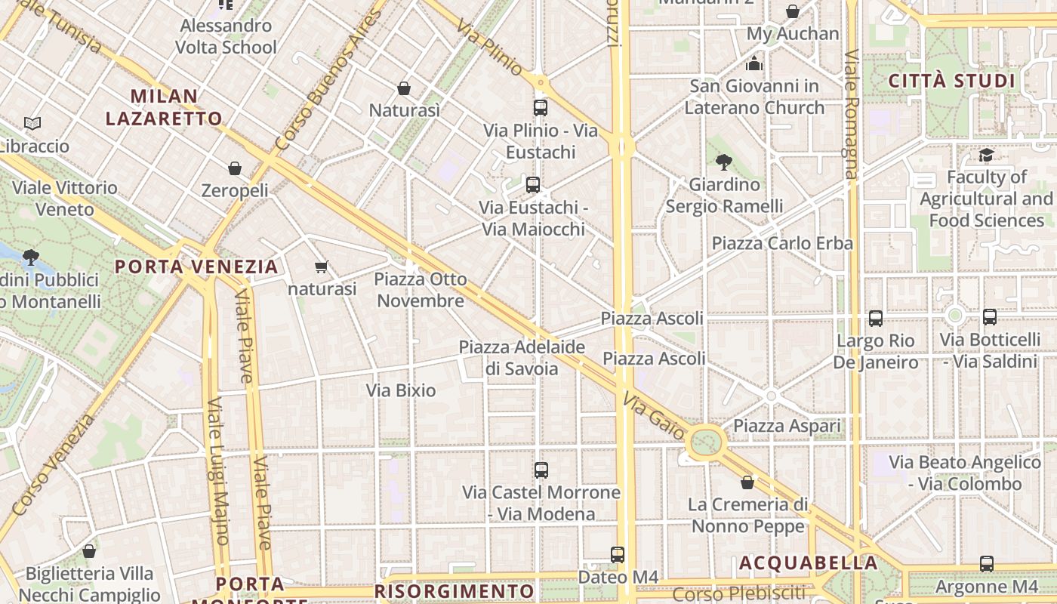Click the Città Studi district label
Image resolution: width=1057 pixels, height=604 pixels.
[x=951, y=81]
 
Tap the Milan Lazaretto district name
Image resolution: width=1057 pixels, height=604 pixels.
[x=164, y=107]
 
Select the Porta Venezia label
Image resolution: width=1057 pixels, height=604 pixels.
[x=196, y=267]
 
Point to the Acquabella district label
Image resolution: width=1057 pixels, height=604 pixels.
[x=808, y=562]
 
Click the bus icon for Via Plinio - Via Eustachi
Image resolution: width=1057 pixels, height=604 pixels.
[x=541, y=107]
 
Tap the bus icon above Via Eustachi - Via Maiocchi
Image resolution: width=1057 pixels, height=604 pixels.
[x=533, y=184]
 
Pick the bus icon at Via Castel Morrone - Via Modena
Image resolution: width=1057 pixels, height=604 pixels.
[x=541, y=470]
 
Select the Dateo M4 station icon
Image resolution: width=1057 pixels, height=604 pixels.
[x=618, y=555]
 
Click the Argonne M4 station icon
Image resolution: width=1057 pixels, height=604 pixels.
[x=986, y=564]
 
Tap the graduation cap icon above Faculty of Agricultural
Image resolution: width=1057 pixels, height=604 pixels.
[x=986, y=156]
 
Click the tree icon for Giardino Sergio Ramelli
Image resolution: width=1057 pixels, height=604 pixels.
[x=724, y=162]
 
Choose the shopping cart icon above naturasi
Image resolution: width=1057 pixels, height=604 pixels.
[x=322, y=267]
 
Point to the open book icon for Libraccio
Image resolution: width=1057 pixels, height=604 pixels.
[x=32, y=123]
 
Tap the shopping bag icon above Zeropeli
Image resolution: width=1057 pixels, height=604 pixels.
[x=235, y=168]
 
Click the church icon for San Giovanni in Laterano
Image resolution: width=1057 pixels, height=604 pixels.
[x=754, y=64]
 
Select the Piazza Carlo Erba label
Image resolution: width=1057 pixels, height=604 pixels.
[x=782, y=243]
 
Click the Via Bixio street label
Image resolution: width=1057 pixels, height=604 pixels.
[x=401, y=390]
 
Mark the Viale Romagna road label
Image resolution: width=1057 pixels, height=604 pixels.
[x=851, y=113]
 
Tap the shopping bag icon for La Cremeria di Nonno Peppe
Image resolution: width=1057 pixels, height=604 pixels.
[x=747, y=482]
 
